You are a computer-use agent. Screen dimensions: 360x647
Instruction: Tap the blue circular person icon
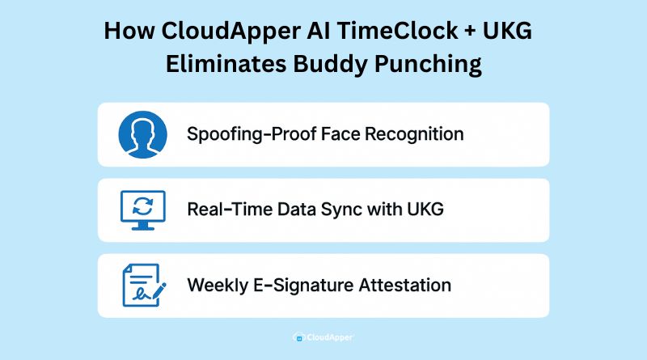tap(142, 134)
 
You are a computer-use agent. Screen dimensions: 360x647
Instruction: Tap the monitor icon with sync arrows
tap(142, 210)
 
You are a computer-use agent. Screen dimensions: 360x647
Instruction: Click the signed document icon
tap(142, 285)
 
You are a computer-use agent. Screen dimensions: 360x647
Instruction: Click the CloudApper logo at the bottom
tap(323, 337)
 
